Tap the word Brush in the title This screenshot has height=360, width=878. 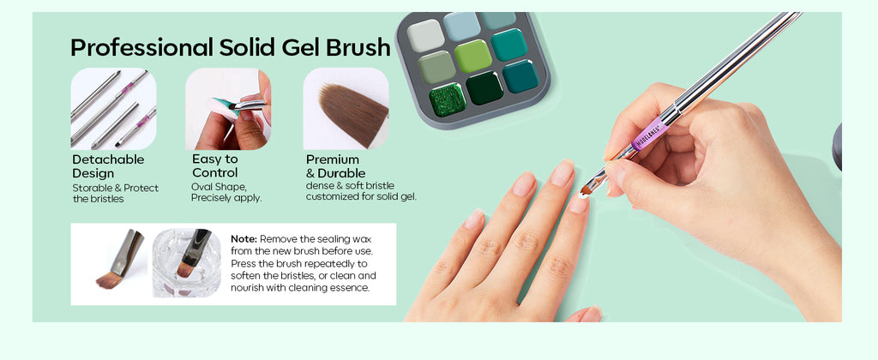pyautogui.click(x=358, y=47)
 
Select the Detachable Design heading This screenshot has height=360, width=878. pyautogui.click(x=108, y=166)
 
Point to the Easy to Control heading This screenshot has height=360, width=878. pyautogui.click(x=215, y=165)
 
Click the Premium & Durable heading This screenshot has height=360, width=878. pyautogui.click(x=335, y=166)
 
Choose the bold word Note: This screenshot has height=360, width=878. pyautogui.click(x=244, y=239)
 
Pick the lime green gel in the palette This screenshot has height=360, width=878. pyautogui.click(x=473, y=56)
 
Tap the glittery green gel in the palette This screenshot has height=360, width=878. pyautogui.click(x=448, y=99)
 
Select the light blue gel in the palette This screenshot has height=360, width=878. pyautogui.click(x=462, y=26)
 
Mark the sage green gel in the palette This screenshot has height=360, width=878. pyautogui.click(x=436, y=67)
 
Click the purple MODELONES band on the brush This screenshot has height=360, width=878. pyautogui.click(x=650, y=135)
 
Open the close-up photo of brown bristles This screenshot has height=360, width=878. pyautogui.click(x=346, y=109)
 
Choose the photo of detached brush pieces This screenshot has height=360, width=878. pyautogui.click(x=114, y=109)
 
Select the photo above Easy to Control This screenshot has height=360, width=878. pyautogui.click(x=228, y=109)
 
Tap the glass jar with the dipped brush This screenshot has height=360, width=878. pyautogui.click(x=187, y=263)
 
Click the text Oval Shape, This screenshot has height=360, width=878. pyautogui.click(x=219, y=187)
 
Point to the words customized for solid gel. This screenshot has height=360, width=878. pyautogui.click(x=361, y=197)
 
